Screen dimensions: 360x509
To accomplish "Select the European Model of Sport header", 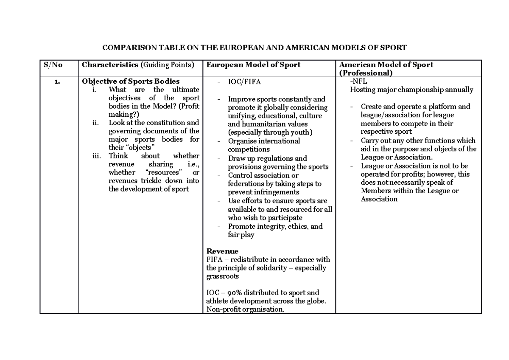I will coord(253,65).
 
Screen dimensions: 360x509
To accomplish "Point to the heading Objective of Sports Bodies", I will coord(131,82).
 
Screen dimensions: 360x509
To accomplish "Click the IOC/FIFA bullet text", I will coord(241,82).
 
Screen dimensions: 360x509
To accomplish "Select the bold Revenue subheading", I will coord(222,251).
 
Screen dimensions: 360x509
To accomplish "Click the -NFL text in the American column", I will coord(358,82).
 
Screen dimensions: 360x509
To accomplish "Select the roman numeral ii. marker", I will coord(96,123).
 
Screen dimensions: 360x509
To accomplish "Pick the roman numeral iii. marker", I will coord(97,156).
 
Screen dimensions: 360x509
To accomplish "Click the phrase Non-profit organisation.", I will coord(245,309).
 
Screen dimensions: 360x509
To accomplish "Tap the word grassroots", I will coord(222,276).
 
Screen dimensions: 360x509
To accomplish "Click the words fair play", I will coord(241,235).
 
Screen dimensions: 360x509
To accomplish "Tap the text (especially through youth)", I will coord(270,132).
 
